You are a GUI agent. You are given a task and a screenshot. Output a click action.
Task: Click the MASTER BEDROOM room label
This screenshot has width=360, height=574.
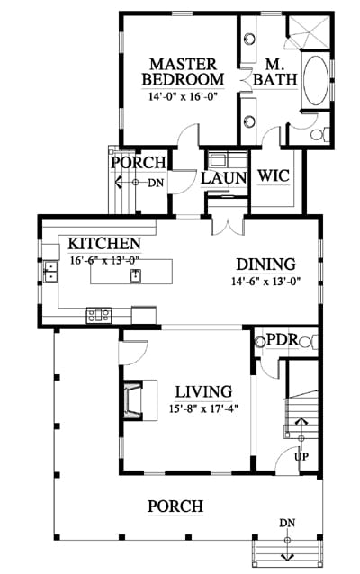tap(183, 72)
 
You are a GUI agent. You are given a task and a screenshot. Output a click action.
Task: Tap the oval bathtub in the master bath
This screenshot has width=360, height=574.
tap(315, 80)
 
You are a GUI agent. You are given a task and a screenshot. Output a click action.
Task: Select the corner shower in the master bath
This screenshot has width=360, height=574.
tap(309, 32)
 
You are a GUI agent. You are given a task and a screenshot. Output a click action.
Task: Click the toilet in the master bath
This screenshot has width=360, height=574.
tap(319, 134)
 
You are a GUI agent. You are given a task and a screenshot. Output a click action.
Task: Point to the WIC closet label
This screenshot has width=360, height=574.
tap(274, 175)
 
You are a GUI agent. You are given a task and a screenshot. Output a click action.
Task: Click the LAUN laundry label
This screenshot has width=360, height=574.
tap(223, 178)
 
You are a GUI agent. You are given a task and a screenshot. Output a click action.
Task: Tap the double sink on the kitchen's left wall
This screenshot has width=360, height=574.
tap(50, 272)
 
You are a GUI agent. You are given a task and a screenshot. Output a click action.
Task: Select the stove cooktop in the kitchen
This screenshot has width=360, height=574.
tap(98, 315)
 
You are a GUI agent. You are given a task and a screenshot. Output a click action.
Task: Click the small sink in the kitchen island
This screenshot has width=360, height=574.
tap(136, 275)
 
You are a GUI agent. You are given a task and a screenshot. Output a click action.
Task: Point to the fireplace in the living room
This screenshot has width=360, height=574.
tap(133, 400)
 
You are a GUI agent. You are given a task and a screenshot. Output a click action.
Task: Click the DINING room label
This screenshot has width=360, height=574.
tap(265, 265)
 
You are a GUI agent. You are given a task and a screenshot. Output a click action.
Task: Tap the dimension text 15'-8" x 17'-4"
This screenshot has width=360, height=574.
tap(203, 408)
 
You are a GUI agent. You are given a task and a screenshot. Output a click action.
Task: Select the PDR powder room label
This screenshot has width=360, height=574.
tap(283, 340)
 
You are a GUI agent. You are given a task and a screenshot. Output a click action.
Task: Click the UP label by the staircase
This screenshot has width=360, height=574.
tap(301, 456)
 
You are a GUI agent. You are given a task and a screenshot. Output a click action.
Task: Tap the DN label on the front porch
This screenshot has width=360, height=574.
tap(287, 523)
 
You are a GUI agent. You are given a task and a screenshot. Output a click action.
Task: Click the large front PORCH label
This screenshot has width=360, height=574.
tap(175, 507)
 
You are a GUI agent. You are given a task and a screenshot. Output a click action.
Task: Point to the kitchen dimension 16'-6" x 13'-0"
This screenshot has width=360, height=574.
tap(105, 260)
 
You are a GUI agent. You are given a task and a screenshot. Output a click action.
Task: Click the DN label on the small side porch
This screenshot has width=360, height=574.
tap(156, 183)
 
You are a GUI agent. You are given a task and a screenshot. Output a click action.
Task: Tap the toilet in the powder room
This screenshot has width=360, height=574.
tap(308, 342)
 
